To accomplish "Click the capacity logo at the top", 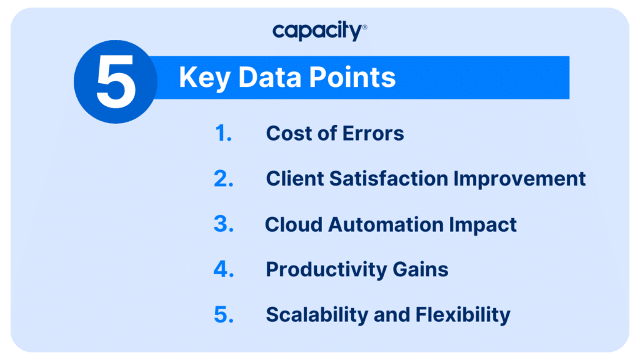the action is (x=319, y=31).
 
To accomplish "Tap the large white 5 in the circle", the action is (x=116, y=82).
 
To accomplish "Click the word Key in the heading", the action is (x=204, y=77).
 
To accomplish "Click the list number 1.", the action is (x=223, y=134).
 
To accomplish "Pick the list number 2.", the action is (x=224, y=179).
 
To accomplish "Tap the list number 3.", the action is (x=224, y=224).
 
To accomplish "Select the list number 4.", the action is (x=224, y=269).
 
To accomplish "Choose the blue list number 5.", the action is (x=224, y=315).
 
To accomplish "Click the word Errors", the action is (x=373, y=134).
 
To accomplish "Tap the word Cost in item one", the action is (x=288, y=134).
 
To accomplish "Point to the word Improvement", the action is (x=519, y=179).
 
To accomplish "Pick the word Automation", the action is (x=386, y=224).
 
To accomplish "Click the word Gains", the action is (x=421, y=269).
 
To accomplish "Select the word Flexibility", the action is (x=463, y=315).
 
